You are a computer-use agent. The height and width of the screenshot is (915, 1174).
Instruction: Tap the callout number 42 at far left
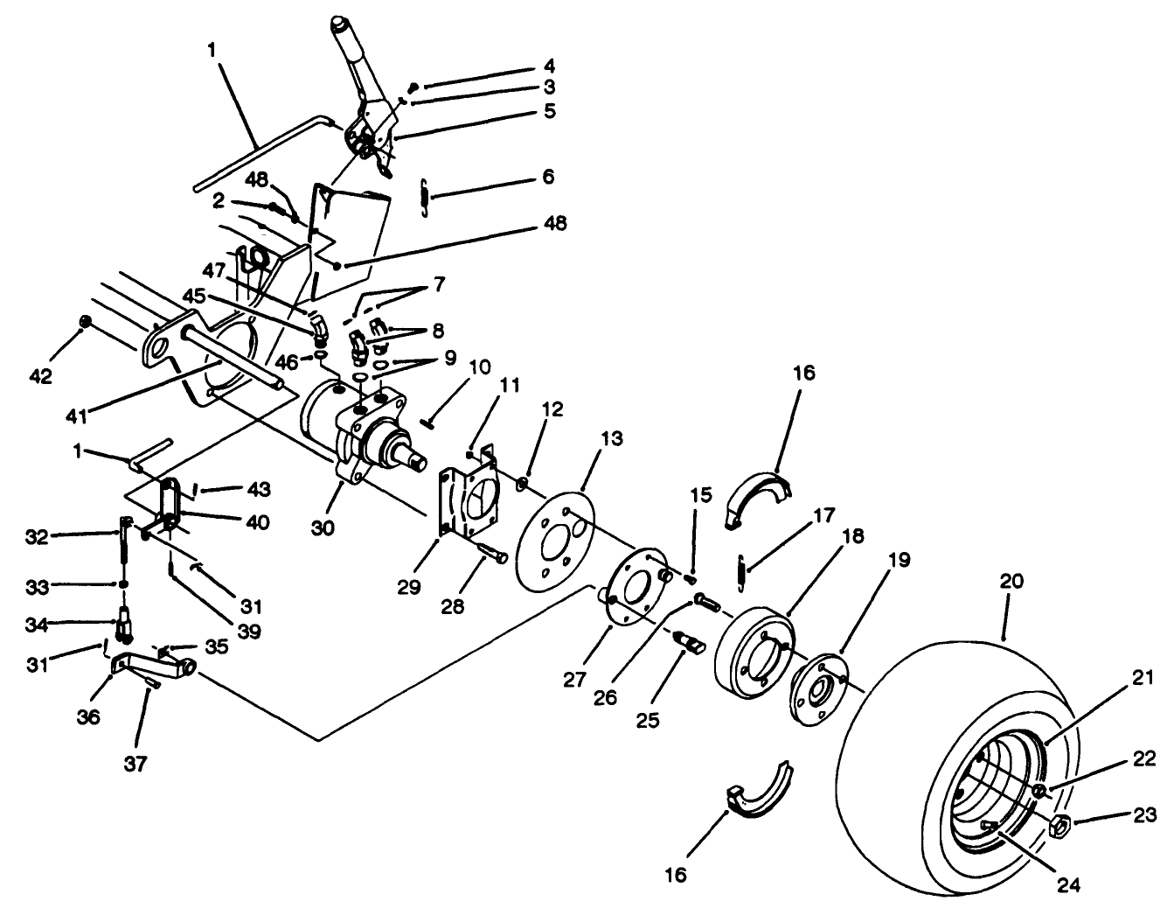coord(41,376)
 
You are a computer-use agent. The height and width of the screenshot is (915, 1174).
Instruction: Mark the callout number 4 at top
coord(549,66)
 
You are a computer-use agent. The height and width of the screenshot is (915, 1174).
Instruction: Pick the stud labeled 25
coord(691,643)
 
